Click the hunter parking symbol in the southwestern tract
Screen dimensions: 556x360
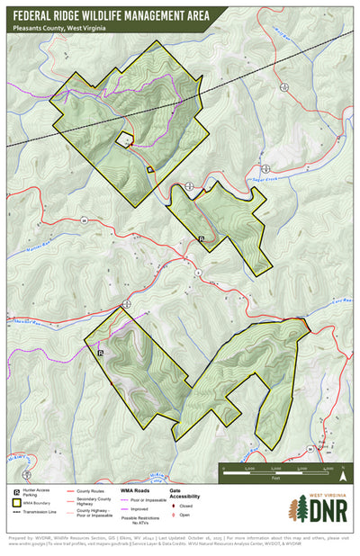coord(101,353)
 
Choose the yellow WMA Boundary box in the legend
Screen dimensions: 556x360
coord(17,503)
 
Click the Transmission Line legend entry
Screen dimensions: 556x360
coord(45,512)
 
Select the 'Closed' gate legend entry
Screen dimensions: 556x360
coord(186,506)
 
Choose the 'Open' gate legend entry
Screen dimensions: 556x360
coord(184,515)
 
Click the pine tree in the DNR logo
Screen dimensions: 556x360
coord(298,509)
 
